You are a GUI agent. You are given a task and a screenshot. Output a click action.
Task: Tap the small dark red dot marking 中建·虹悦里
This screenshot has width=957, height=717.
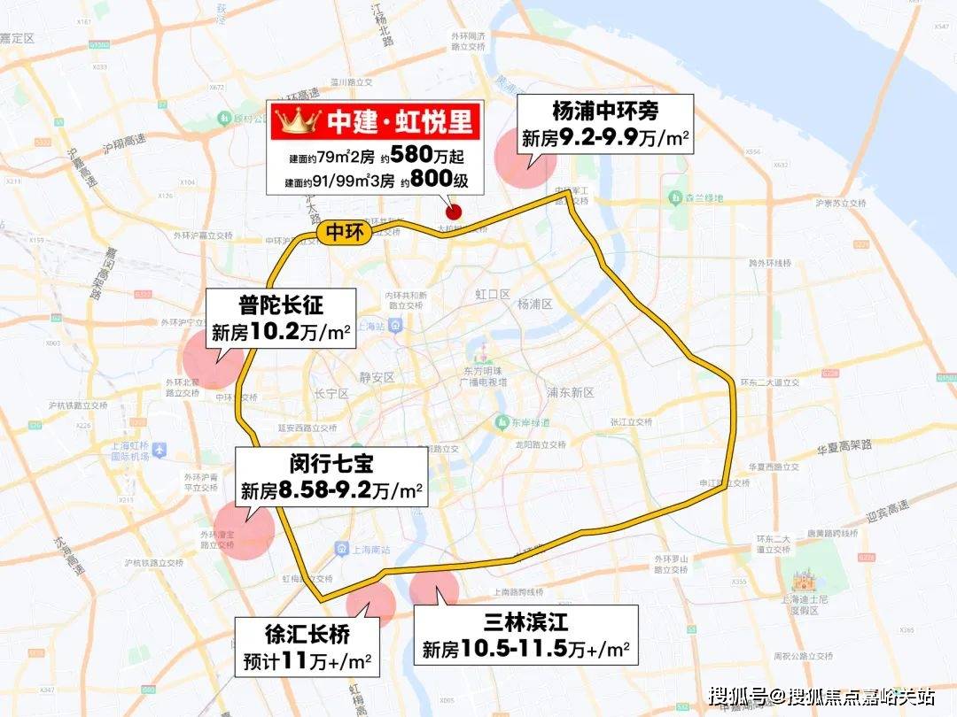[453, 212]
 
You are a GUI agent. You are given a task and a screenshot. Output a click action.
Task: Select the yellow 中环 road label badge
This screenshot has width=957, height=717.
[340, 232]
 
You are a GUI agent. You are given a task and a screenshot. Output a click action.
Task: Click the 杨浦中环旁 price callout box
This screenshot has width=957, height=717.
[605, 124]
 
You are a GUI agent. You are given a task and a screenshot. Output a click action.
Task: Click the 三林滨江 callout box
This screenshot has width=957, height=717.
[526, 636]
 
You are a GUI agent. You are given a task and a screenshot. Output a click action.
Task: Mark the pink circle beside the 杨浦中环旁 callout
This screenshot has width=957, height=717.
[525, 158]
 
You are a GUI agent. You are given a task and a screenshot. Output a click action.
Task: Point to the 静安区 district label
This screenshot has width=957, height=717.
[377, 377]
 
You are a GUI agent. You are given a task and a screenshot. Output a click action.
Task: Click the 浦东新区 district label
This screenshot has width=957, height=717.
[572, 392]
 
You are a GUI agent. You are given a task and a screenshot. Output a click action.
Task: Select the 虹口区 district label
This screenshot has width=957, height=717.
[488, 293]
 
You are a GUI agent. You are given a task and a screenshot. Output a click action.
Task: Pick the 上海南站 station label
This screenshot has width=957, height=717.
[359, 550]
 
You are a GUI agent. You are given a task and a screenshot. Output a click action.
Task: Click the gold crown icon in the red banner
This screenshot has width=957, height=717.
[294, 121]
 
